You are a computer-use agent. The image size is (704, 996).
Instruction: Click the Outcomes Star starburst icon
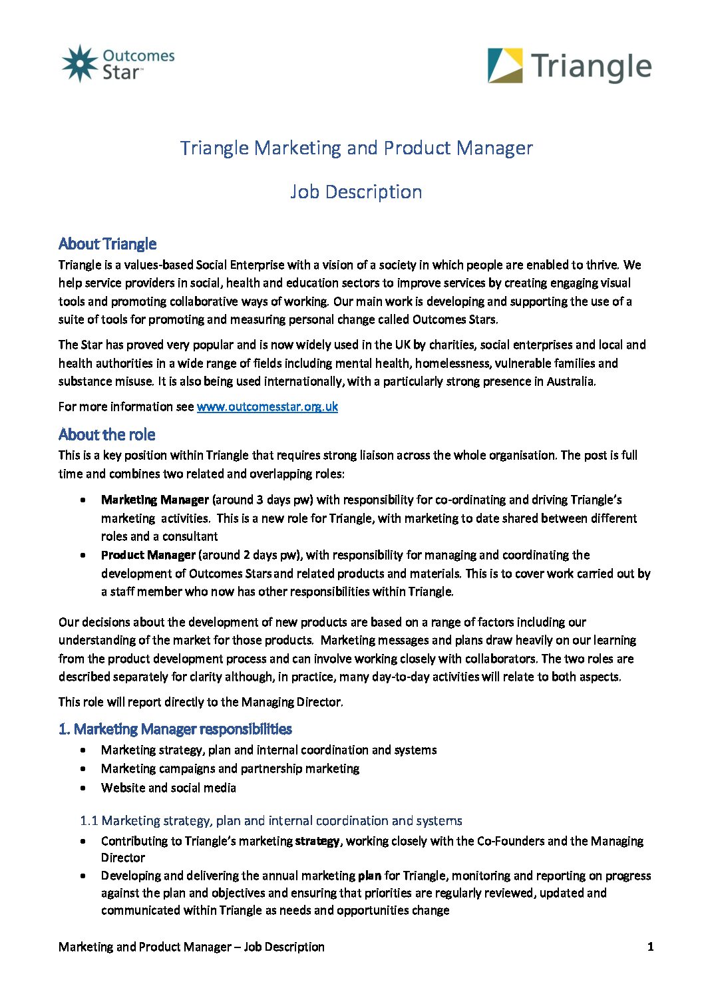click(x=80, y=64)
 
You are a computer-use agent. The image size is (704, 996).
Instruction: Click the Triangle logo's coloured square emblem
click(x=505, y=65)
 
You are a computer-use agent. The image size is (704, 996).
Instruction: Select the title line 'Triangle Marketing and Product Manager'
click(x=356, y=148)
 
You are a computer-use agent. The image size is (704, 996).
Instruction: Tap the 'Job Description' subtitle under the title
click(x=356, y=192)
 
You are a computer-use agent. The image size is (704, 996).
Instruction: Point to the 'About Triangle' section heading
click(x=108, y=244)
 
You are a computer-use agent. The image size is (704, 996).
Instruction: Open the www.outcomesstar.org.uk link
click(x=267, y=407)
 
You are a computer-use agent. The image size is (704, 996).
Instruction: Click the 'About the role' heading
click(x=106, y=434)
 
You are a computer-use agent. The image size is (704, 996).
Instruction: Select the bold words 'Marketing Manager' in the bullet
click(x=155, y=500)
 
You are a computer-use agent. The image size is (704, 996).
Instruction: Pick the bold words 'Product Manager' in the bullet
click(x=148, y=555)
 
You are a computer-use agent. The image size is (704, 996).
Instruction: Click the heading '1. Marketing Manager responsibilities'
click(x=175, y=729)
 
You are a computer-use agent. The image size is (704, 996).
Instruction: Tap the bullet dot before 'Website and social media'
click(x=83, y=788)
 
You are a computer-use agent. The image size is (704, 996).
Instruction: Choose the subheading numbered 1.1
click(x=271, y=820)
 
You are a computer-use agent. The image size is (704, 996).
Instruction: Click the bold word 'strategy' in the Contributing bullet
click(x=317, y=841)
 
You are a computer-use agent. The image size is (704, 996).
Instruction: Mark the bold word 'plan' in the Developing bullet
click(x=369, y=876)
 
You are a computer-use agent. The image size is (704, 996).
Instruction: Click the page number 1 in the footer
click(x=650, y=947)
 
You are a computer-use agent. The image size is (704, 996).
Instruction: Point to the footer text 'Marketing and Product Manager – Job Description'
click(x=192, y=947)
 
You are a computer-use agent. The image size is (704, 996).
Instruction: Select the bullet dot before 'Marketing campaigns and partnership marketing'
click(x=83, y=768)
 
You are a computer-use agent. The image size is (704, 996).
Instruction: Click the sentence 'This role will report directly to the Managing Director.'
click(x=201, y=702)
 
